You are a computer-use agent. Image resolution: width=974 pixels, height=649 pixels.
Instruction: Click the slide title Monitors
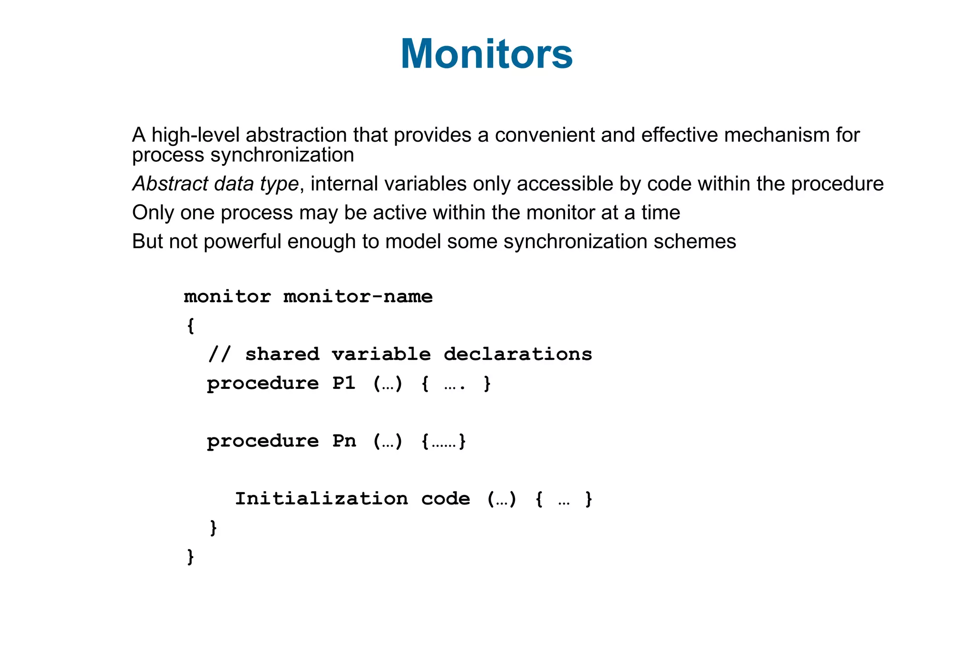coord(487,54)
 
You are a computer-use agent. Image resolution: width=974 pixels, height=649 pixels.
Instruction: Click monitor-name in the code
coord(358,297)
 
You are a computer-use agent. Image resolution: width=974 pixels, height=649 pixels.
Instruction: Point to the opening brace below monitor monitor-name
coord(190,326)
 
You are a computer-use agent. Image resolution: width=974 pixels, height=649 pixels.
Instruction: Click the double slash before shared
coord(219,355)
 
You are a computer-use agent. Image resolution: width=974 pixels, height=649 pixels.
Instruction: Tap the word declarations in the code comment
coord(517,355)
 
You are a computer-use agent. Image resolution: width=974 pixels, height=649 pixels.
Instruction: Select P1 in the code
coord(344,383)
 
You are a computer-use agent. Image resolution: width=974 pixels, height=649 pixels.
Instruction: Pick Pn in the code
coord(344,441)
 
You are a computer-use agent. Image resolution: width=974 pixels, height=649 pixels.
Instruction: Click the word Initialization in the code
coord(321,499)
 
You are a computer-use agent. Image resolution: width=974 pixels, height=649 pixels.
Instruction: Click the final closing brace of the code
coord(190,556)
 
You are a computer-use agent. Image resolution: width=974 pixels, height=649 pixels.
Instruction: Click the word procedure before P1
coord(263,384)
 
